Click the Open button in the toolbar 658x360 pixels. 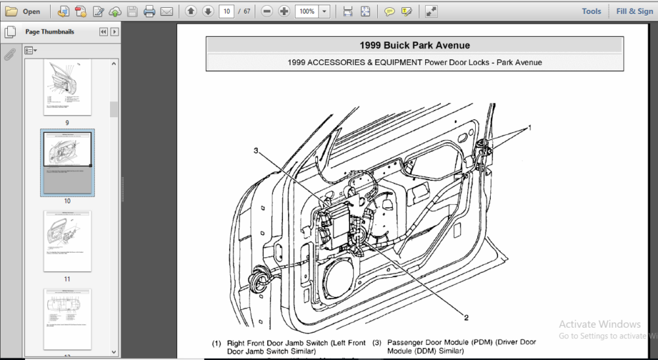[24, 11]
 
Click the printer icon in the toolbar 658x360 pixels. [149, 11]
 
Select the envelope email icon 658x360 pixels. [166, 11]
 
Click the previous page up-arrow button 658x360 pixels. [190, 11]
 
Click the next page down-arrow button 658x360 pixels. [207, 11]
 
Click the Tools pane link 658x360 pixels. [591, 11]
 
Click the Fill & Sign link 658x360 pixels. [634, 11]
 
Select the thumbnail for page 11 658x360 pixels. [67, 241]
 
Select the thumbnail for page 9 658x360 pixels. [67, 87]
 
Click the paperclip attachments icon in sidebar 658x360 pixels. [10, 55]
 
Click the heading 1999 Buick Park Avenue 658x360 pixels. [414, 45]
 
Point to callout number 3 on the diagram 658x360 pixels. [256, 151]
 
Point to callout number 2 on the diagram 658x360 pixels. [466, 317]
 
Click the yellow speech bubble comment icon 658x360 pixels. [390, 11]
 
